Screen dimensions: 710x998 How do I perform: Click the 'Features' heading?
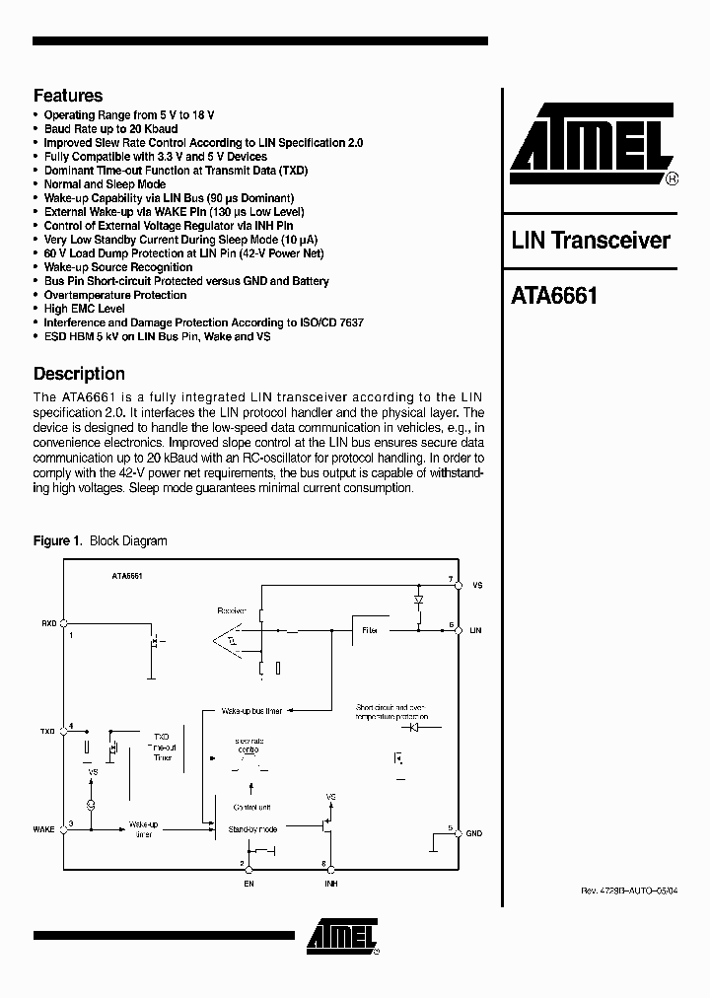point(68,96)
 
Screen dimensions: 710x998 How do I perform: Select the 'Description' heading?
point(79,374)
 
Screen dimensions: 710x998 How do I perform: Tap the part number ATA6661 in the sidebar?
point(555,295)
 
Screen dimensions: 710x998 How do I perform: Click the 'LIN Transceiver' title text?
point(591,241)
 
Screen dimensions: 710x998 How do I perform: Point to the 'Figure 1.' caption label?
point(57,540)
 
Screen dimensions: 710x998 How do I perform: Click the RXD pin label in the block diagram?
point(48,623)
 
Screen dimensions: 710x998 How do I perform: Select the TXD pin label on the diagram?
point(47,732)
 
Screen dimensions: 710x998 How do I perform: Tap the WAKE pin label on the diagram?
point(43,829)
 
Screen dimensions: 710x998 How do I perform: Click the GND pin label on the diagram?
point(474,833)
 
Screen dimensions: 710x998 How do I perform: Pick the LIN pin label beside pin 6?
point(475,628)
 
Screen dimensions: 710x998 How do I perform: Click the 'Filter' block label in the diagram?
point(370,629)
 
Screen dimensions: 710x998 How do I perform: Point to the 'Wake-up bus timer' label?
point(251,710)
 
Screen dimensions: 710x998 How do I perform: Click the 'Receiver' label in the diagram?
point(231,610)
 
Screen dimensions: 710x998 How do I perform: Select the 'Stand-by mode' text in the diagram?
point(252,829)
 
